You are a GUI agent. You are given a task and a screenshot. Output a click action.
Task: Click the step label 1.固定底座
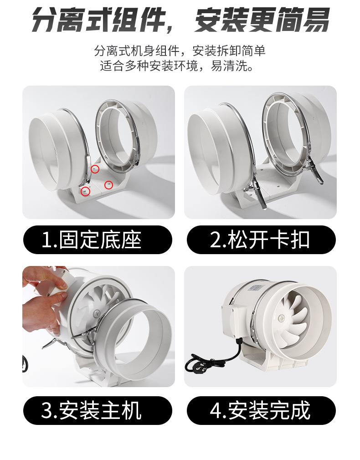coord(91,240)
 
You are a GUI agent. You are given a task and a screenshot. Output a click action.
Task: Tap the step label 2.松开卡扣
coord(260,240)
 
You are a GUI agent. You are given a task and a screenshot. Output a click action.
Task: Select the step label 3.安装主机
coord(91,410)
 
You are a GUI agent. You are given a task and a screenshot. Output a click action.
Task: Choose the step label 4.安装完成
coord(260,410)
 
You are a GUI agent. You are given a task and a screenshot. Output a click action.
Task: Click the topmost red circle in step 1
coord(94,169)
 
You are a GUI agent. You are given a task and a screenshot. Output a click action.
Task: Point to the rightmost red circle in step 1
coord(108,184)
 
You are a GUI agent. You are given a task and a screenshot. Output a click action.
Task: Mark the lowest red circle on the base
coord(85,191)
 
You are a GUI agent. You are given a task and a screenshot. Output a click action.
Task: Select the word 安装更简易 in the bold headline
coord(261,20)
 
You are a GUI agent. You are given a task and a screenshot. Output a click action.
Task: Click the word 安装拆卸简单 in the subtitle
coord(229,51)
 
